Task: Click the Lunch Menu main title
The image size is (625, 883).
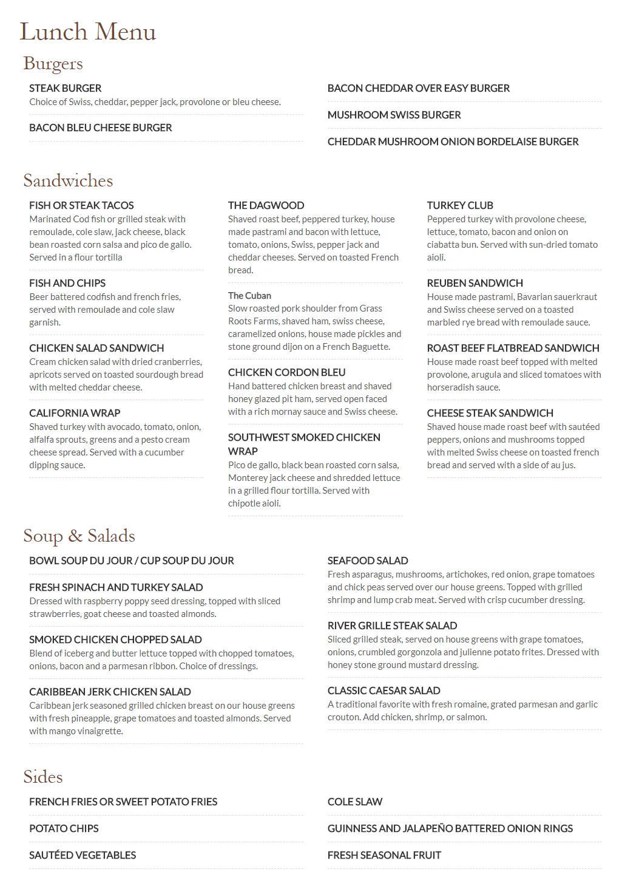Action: [x=88, y=32]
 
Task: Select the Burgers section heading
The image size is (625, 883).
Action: [x=53, y=63]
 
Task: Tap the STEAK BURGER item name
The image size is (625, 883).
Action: [x=65, y=88]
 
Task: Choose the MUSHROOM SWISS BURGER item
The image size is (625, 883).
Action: [x=394, y=115]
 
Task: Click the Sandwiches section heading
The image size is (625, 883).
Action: [x=68, y=180]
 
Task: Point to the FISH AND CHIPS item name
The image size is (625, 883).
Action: [x=67, y=283]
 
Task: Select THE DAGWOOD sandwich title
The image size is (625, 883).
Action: [x=266, y=205]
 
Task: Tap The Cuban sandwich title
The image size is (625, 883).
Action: [x=249, y=296]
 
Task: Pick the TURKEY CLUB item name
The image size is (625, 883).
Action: [x=460, y=205]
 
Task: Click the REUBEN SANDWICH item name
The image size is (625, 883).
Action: [x=475, y=283]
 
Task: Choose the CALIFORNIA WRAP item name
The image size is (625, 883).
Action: [x=75, y=413]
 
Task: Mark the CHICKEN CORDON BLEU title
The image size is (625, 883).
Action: [x=286, y=372]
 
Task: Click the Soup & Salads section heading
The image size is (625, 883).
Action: [x=79, y=536]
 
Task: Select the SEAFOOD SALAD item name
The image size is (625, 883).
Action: [x=368, y=561]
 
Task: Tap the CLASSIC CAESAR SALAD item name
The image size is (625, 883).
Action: [x=383, y=690]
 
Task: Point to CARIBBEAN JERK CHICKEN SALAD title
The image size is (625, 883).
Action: [x=110, y=692]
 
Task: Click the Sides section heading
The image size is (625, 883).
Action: [x=42, y=777]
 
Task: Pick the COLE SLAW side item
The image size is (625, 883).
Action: [x=355, y=802]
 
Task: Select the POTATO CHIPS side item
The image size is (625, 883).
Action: [x=64, y=828]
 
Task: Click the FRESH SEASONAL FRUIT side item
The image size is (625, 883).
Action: [x=384, y=855]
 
